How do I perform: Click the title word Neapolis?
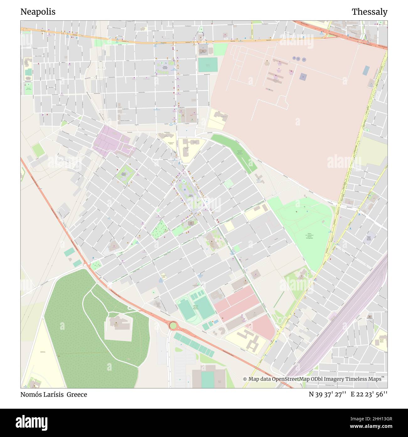(x=38, y=12)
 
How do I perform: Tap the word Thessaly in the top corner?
(x=369, y=12)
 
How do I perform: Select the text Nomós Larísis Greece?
(x=54, y=395)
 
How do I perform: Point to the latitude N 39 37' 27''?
(x=327, y=395)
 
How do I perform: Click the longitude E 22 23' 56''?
(x=369, y=395)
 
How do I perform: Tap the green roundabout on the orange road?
(x=173, y=325)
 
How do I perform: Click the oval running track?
(x=187, y=310)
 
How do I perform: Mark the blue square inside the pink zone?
(x=303, y=76)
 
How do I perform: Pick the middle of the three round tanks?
(x=299, y=58)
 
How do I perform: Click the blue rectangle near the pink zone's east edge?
(x=366, y=70)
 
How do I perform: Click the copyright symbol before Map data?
(x=245, y=379)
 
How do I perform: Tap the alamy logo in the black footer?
(x=32, y=422)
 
